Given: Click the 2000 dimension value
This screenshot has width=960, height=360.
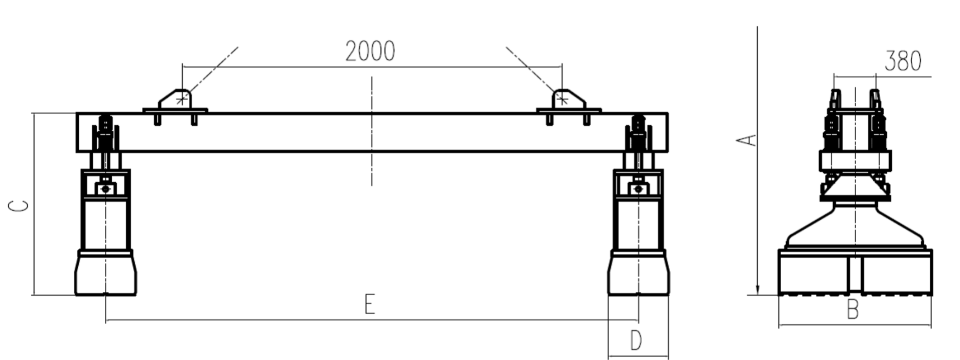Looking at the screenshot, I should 370,51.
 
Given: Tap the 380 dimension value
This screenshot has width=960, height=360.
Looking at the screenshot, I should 903,61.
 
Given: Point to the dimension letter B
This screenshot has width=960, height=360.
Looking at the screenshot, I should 853,310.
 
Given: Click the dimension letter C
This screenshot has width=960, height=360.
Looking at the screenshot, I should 19,206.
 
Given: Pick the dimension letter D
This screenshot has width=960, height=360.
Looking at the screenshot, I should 636,340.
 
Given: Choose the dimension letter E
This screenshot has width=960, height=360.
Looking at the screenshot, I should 369,305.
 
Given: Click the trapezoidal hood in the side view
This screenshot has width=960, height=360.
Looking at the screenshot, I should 855,226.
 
